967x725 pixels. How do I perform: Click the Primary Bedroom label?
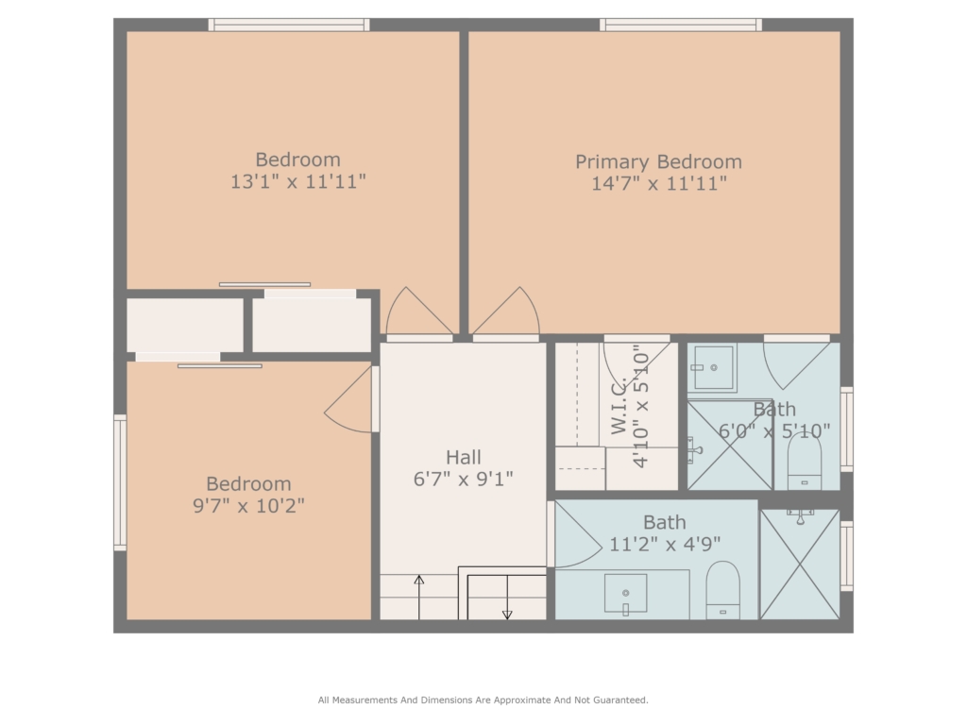[658, 162]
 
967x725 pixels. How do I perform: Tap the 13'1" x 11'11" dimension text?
[297, 182]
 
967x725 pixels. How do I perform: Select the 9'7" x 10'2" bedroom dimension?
[248, 506]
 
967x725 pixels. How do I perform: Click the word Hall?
[463, 458]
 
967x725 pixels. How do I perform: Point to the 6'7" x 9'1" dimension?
[463, 479]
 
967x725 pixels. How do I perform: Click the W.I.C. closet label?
[619, 406]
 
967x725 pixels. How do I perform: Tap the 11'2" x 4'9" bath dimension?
[665, 545]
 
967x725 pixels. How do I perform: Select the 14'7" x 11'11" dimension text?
[658, 184]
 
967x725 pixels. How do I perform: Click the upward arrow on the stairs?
[418, 598]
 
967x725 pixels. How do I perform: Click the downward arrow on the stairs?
[507, 598]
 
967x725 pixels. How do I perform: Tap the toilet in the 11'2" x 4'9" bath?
[722, 589]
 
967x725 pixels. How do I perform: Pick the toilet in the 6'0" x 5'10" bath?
[805, 461]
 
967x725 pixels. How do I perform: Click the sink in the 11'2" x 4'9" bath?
[625, 594]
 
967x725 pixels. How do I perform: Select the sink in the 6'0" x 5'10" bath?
[712, 367]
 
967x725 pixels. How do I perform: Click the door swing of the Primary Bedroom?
[507, 312]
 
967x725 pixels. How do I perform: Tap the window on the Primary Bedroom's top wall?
[681, 25]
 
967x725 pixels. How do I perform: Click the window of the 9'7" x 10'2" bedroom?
[120, 482]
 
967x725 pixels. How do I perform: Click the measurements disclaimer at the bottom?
[483, 700]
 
